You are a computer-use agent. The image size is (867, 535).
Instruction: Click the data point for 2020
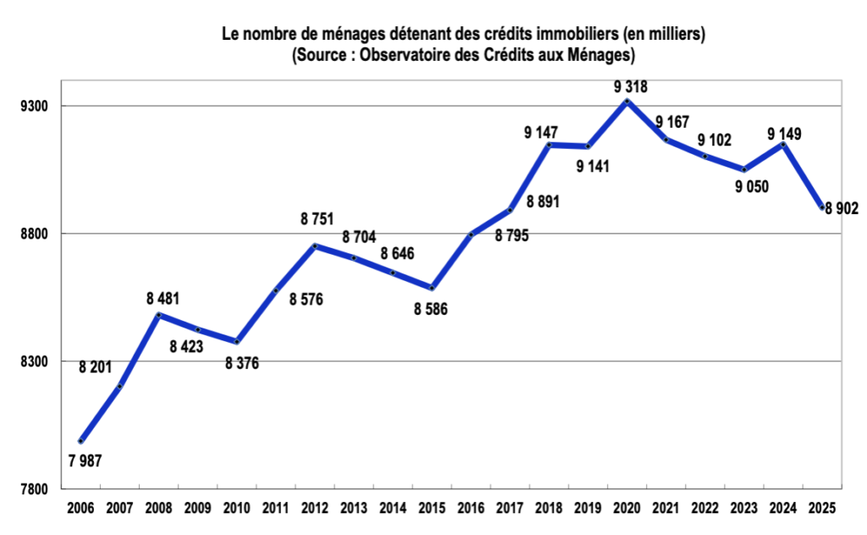(627, 102)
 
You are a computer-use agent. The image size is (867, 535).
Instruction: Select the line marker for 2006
(80, 441)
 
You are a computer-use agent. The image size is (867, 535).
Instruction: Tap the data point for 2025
(821, 207)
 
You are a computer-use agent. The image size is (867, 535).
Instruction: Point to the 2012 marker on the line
(314, 246)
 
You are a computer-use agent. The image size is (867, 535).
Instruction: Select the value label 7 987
(85, 461)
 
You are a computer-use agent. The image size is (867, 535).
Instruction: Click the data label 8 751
(318, 219)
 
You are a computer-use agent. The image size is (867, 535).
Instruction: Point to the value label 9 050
(752, 187)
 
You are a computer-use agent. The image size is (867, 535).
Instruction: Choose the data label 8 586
(430, 310)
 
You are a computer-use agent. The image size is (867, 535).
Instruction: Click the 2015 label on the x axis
(431, 509)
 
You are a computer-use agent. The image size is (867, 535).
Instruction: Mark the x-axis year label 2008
(158, 509)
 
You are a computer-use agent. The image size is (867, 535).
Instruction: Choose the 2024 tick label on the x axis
(782, 509)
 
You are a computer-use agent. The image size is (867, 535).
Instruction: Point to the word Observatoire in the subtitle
(406, 55)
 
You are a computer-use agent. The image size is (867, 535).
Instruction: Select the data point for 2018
(549, 145)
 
